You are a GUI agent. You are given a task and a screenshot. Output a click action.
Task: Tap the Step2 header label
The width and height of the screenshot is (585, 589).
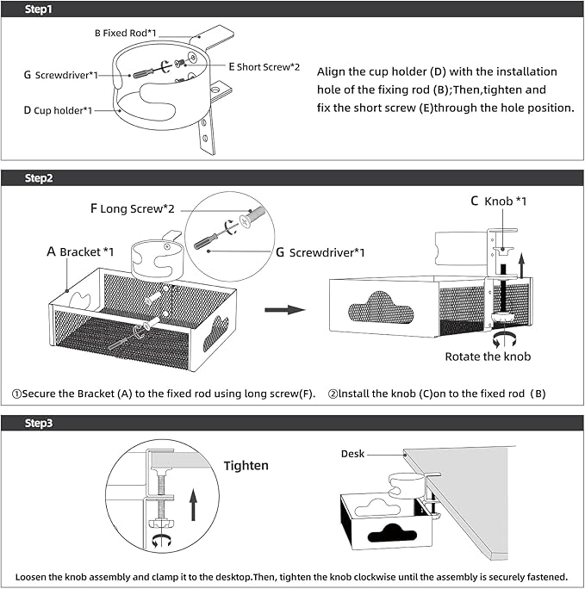39,178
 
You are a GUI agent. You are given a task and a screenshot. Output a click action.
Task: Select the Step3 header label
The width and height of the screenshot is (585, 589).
39,423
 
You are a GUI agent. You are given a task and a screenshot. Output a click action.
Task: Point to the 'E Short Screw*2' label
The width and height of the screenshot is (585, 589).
264,66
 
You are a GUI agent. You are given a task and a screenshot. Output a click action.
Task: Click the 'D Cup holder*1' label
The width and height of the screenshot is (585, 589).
64,110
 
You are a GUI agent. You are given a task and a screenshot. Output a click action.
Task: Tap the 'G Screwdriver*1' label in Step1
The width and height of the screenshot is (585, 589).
60,75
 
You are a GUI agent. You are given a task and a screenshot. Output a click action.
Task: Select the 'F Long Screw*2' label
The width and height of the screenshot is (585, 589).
133,208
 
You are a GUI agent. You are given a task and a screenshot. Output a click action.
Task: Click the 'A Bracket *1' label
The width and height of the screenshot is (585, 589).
80,251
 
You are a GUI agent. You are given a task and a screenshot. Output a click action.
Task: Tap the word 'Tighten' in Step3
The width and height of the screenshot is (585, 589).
246,466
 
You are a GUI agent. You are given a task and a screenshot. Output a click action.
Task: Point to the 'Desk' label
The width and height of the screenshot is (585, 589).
352,453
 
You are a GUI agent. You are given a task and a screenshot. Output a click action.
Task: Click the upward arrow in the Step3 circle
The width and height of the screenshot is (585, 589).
195,501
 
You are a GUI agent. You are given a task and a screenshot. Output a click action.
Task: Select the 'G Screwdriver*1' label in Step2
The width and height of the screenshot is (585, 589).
321,252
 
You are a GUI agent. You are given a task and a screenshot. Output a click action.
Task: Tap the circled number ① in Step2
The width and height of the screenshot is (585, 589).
16,394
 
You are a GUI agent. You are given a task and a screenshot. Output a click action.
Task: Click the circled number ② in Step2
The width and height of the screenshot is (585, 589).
333,394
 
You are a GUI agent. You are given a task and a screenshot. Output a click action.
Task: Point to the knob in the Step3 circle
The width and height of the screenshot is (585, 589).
159,522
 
